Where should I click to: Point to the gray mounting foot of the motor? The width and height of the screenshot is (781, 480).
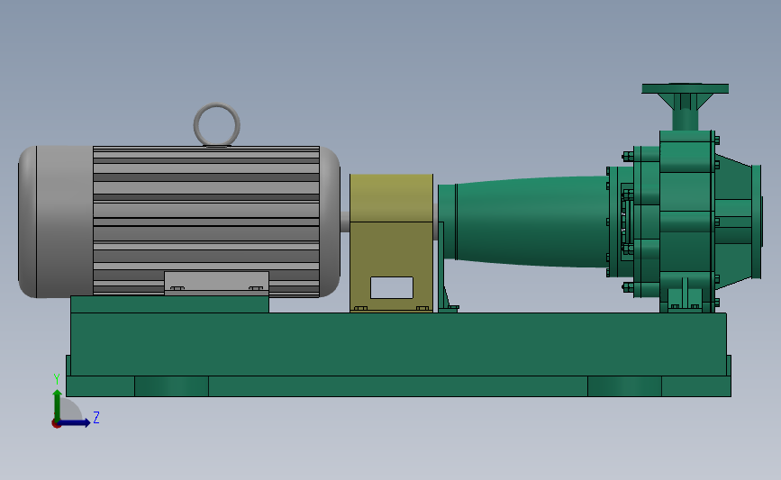pyautogui.click(x=216, y=283)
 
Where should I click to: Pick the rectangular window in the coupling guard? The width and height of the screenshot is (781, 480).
pyautogui.click(x=391, y=287)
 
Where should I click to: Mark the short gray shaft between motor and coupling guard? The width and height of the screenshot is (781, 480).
pyautogui.click(x=344, y=222)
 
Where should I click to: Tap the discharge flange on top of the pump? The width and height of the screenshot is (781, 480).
pyautogui.click(x=685, y=88)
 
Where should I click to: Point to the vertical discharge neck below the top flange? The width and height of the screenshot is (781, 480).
pyautogui.click(x=685, y=114)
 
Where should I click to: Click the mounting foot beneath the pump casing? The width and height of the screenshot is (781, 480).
pyautogui.click(x=686, y=298)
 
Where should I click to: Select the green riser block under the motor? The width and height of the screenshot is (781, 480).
pyautogui.click(x=169, y=304)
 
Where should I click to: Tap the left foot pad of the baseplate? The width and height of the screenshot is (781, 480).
pyautogui.click(x=171, y=386)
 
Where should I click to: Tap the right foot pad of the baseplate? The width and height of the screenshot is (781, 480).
pyautogui.click(x=624, y=386)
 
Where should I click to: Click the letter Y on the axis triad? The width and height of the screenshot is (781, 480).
pyautogui.click(x=56, y=379)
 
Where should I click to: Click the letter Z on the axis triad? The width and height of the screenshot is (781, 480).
pyautogui.click(x=95, y=418)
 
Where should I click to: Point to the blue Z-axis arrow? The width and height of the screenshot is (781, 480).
pyautogui.click(x=76, y=422)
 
